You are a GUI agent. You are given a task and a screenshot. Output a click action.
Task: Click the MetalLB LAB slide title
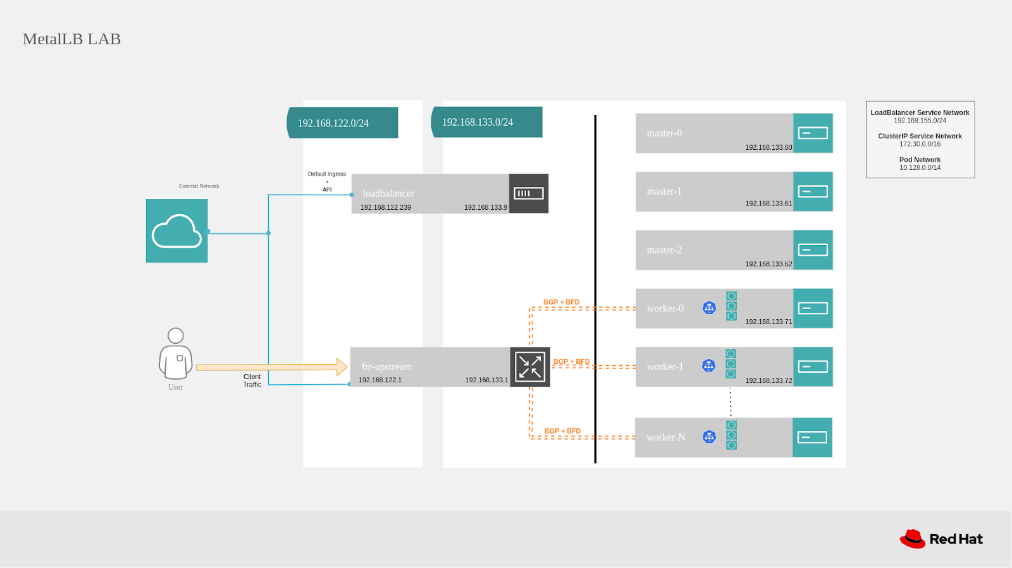point(71,39)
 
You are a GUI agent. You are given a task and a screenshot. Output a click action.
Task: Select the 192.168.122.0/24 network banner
point(342,123)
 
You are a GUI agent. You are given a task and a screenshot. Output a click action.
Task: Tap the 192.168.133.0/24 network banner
point(486,122)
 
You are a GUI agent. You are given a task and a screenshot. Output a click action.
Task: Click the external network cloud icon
point(176,231)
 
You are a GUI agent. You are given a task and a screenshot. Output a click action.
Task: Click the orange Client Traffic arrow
point(272,367)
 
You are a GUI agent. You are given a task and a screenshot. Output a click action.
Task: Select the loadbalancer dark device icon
point(529,193)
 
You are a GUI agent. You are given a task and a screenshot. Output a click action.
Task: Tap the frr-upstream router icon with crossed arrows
point(530,366)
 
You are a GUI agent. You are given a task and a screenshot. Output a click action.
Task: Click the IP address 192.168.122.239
point(386,207)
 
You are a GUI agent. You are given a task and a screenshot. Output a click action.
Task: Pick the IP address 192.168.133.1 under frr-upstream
point(486,380)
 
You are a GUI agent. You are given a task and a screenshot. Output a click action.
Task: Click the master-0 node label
point(664,133)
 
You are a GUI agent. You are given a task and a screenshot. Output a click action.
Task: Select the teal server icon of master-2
point(813,250)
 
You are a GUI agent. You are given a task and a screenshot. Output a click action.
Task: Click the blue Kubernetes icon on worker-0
point(709,308)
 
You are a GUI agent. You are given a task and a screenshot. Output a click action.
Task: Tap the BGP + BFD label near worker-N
point(562,431)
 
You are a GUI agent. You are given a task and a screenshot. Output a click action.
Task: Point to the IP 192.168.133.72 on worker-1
point(768,381)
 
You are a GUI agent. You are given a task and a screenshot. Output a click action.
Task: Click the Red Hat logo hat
point(913,539)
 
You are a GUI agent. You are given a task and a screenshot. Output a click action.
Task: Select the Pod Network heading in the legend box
point(920,160)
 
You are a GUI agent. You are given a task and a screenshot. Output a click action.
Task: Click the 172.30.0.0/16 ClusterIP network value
point(920,144)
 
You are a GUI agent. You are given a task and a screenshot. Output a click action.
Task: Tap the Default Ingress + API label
point(327,181)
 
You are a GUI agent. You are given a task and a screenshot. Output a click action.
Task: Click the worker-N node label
point(665,437)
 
